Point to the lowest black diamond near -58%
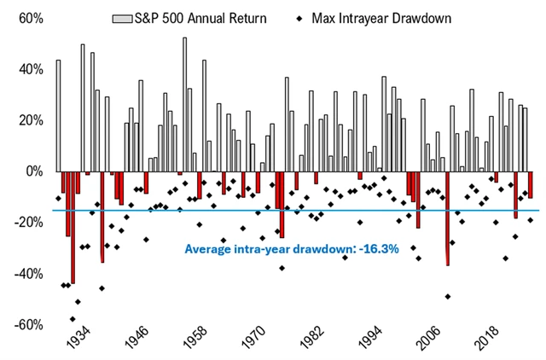point(73,319)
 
